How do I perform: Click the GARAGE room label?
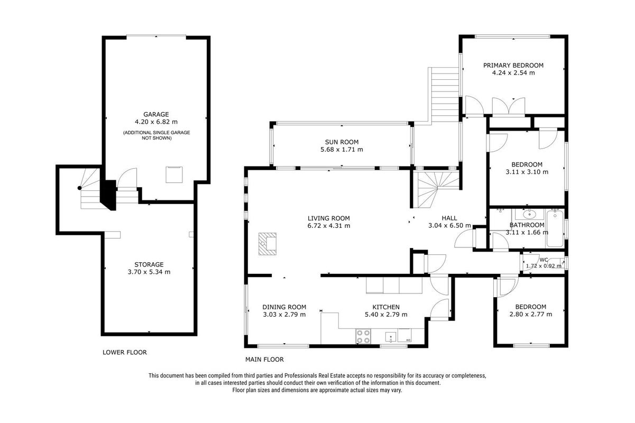click(x=156, y=114)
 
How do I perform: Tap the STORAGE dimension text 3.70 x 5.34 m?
click(x=149, y=272)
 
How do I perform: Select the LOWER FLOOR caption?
click(x=125, y=352)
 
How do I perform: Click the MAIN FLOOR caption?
click(x=264, y=360)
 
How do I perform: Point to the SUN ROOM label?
click(x=342, y=142)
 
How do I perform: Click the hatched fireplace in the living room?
click(x=268, y=244)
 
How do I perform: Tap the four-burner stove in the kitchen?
click(x=363, y=336)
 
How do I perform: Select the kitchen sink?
click(x=391, y=337)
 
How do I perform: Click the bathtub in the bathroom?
click(x=555, y=228)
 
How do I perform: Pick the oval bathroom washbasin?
click(x=529, y=214)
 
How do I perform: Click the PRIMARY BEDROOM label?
click(x=513, y=66)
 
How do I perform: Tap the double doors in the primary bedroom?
click(x=509, y=107)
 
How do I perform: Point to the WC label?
click(x=544, y=260)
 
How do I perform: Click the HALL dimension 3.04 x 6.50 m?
click(x=449, y=226)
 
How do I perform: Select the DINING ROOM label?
click(x=284, y=307)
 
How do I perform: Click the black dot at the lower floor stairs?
click(x=80, y=188)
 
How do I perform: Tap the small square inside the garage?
click(x=174, y=174)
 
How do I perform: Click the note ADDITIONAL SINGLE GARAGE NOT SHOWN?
click(x=157, y=135)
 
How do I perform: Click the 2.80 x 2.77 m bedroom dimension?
click(x=531, y=314)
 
